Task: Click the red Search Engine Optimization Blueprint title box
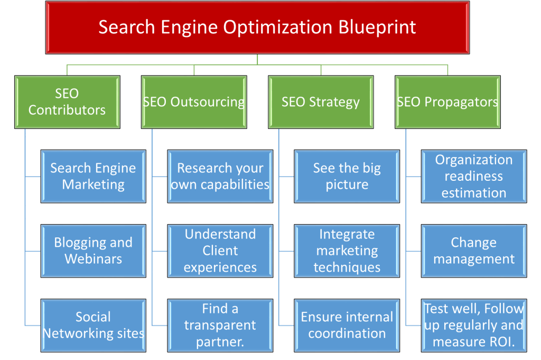[257, 27]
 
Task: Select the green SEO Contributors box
[67, 101]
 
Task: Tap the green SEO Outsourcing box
[194, 101]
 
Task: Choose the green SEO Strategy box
[321, 101]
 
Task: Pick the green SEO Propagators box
[447, 101]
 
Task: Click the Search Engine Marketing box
[94, 176]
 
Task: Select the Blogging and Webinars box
[94, 251]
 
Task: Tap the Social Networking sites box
[94, 325]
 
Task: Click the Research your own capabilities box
[220, 176]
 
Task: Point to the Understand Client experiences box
[220, 251]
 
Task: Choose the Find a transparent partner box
[220, 325]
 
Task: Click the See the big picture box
[347, 176]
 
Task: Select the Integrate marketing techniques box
[347, 251]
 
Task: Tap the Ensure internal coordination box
[347, 325]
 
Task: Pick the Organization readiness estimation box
[474, 176]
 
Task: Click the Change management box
[474, 251]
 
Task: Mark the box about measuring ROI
[474, 325]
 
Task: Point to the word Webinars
[94, 259]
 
